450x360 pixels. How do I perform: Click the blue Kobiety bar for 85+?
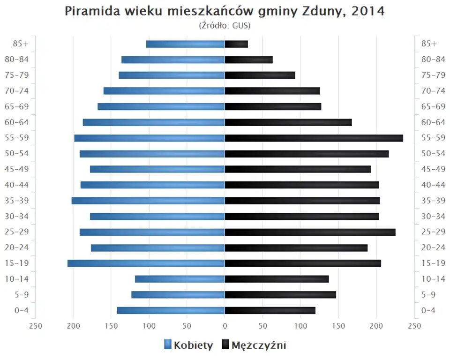186,44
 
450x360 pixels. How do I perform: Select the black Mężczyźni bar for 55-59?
314,138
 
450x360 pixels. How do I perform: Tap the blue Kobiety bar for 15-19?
146,263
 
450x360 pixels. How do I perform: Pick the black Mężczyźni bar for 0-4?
270,310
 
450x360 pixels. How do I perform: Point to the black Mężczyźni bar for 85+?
236,44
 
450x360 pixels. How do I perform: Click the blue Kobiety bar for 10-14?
180,279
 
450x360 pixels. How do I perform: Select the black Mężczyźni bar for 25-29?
310,232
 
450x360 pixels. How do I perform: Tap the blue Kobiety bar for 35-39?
148,201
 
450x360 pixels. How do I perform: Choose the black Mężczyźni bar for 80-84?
249,60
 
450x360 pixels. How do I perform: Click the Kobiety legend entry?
188,345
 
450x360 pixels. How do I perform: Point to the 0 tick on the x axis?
225,326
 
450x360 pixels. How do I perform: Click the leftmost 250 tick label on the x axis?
36,326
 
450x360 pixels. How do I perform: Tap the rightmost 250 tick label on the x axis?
414,326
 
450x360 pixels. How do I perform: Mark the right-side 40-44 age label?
433,185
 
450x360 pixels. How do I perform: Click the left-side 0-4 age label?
22,310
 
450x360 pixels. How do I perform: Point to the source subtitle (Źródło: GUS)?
225,25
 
